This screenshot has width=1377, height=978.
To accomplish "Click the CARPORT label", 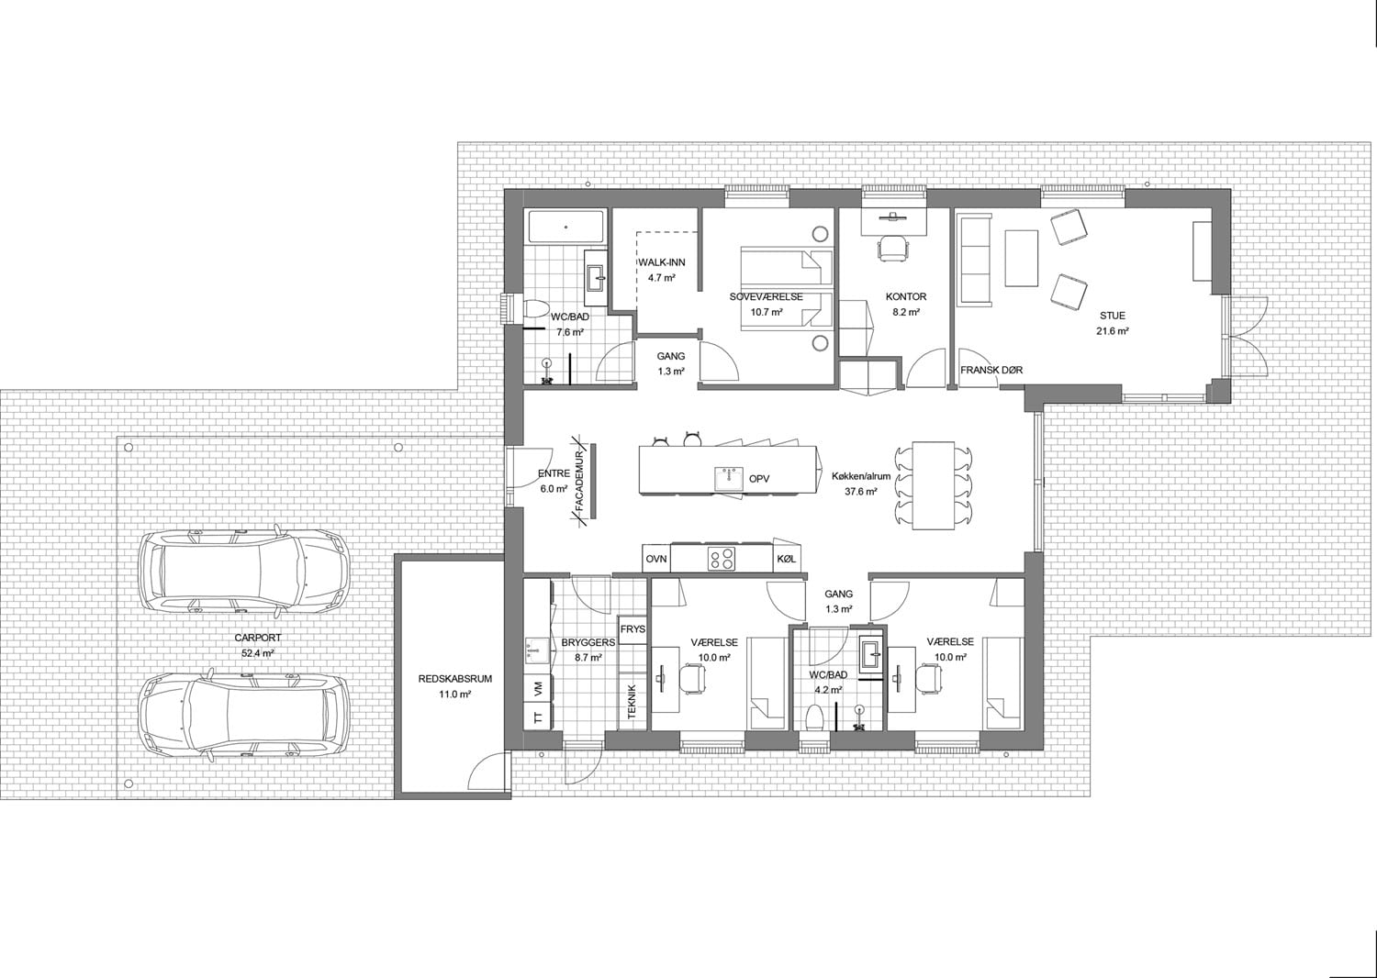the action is point(258,639).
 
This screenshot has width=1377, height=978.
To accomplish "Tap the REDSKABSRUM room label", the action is point(455,679).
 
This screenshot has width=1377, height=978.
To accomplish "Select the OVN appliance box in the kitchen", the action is point(656,560).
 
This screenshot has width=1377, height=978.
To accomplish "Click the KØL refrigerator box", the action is point(786,560).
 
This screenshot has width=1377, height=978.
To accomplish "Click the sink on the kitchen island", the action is point(729,479).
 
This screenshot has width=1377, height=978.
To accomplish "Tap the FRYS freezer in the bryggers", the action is point(633,629).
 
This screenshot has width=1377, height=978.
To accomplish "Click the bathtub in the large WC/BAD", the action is point(565,227).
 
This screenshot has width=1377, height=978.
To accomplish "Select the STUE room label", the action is point(1112,316).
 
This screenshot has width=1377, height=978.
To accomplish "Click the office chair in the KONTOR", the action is point(892,248).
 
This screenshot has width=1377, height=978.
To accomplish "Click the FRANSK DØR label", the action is point(991,371).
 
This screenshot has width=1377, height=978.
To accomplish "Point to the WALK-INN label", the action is point(662,262).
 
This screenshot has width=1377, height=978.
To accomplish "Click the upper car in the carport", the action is point(243,572).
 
